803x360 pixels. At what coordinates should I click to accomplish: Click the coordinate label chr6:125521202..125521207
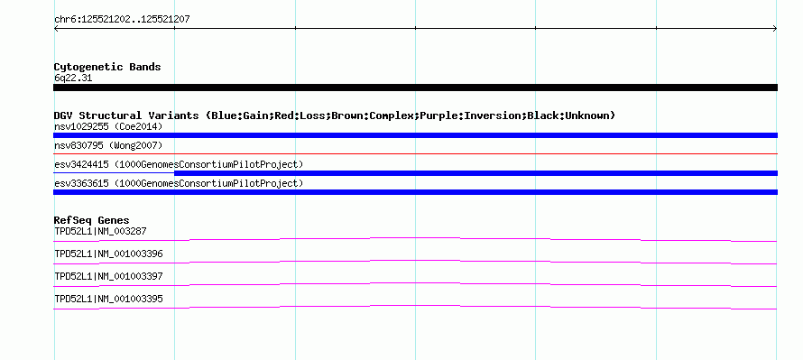[122, 20]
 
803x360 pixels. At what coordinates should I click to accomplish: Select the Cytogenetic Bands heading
[107, 67]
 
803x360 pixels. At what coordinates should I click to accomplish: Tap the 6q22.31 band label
[73, 78]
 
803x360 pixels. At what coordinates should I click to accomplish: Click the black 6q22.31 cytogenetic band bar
[415, 88]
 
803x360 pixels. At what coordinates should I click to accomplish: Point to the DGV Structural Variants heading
[335, 115]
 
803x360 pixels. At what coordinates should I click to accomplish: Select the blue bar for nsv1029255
[415, 135]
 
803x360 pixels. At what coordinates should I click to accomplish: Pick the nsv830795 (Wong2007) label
[108, 146]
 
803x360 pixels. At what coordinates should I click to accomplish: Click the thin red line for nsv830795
[415, 153]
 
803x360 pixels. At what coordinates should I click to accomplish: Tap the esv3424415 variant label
[179, 164]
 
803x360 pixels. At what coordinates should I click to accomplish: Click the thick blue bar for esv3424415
[476, 173]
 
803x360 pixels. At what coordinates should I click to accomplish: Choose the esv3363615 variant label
[179, 183]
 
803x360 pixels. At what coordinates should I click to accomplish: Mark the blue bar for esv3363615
[415, 192]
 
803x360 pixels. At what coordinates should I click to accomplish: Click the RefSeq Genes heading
[92, 221]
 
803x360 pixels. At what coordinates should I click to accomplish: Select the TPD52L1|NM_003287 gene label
[100, 232]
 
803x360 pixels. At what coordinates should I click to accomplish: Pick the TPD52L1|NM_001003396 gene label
[108, 254]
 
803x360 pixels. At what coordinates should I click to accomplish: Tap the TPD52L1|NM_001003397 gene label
[108, 276]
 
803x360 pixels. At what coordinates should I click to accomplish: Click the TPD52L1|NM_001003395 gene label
[108, 299]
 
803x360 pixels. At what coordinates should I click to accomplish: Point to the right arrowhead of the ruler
[775, 29]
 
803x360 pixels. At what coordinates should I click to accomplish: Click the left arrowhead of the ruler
[56, 29]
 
